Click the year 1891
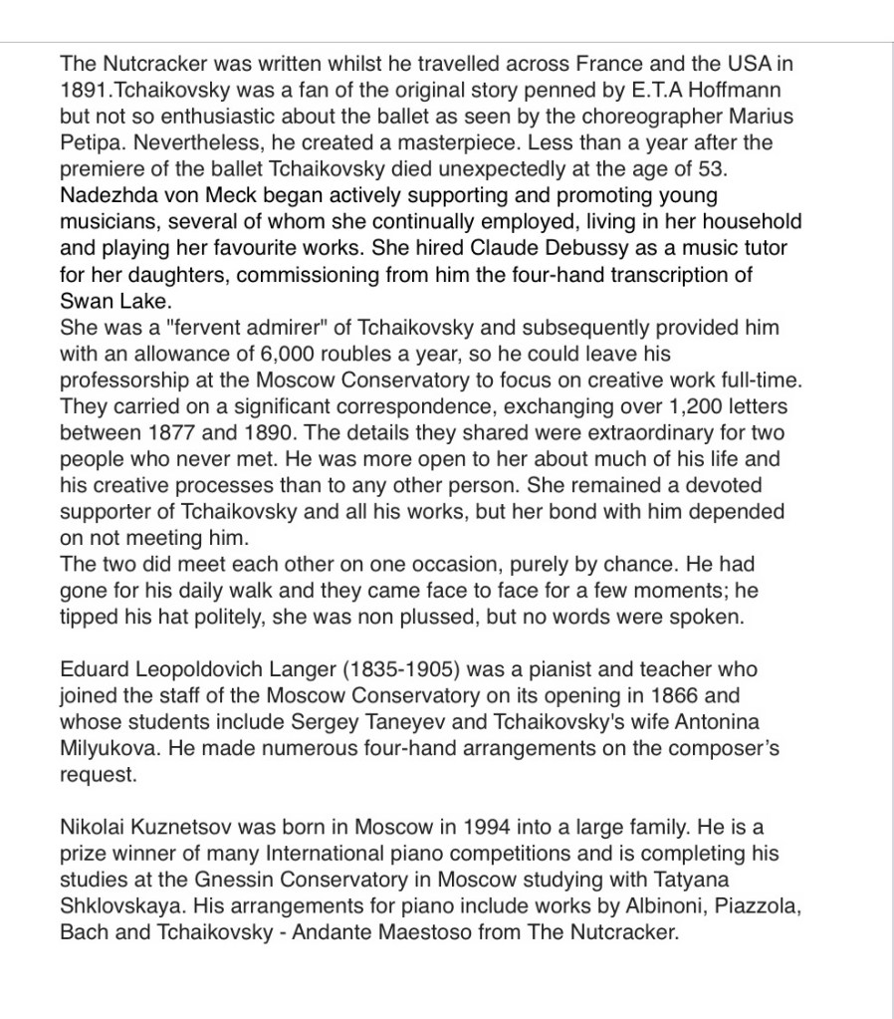(82, 89)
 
